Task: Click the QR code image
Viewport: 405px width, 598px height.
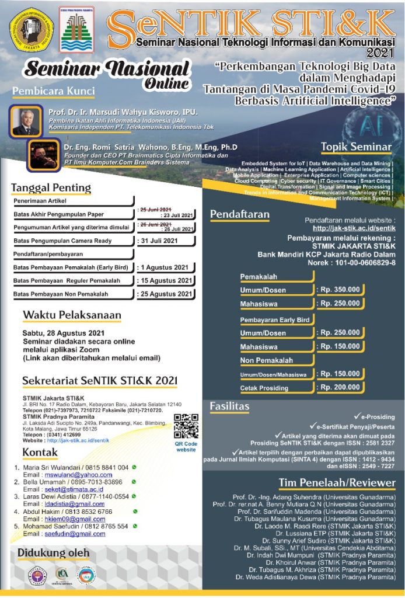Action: click(x=186, y=426)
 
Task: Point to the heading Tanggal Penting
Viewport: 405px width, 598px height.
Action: click(x=51, y=188)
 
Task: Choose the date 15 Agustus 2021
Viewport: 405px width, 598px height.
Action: click(x=166, y=281)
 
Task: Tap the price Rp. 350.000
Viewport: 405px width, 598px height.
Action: click(x=340, y=290)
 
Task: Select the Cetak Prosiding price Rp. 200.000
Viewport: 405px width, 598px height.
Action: click(x=340, y=387)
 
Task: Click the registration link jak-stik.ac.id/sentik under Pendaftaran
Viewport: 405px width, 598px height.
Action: click(x=354, y=228)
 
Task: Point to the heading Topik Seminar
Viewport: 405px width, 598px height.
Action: click(x=356, y=147)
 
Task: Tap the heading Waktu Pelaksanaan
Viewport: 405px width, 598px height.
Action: click(x=72, y=315)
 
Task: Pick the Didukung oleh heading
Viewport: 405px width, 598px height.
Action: click(x=53, y=552)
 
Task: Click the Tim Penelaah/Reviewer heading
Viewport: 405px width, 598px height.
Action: click(x=337, y=483)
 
